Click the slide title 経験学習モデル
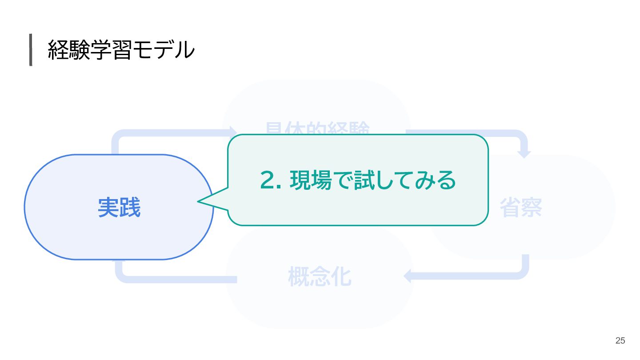[121, 50]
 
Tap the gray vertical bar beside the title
[31, 50]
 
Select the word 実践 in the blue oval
[119, 208]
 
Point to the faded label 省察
[521, 208]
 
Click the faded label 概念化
[320, 276]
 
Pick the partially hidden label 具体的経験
[317, 128]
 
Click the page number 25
[620, 340]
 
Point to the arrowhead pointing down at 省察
[524, 154]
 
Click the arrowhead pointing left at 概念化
[408, 276]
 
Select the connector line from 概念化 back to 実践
[178, 279]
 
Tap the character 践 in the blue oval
[130, 208]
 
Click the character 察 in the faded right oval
[532, 208]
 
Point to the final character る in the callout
[446, 180]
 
